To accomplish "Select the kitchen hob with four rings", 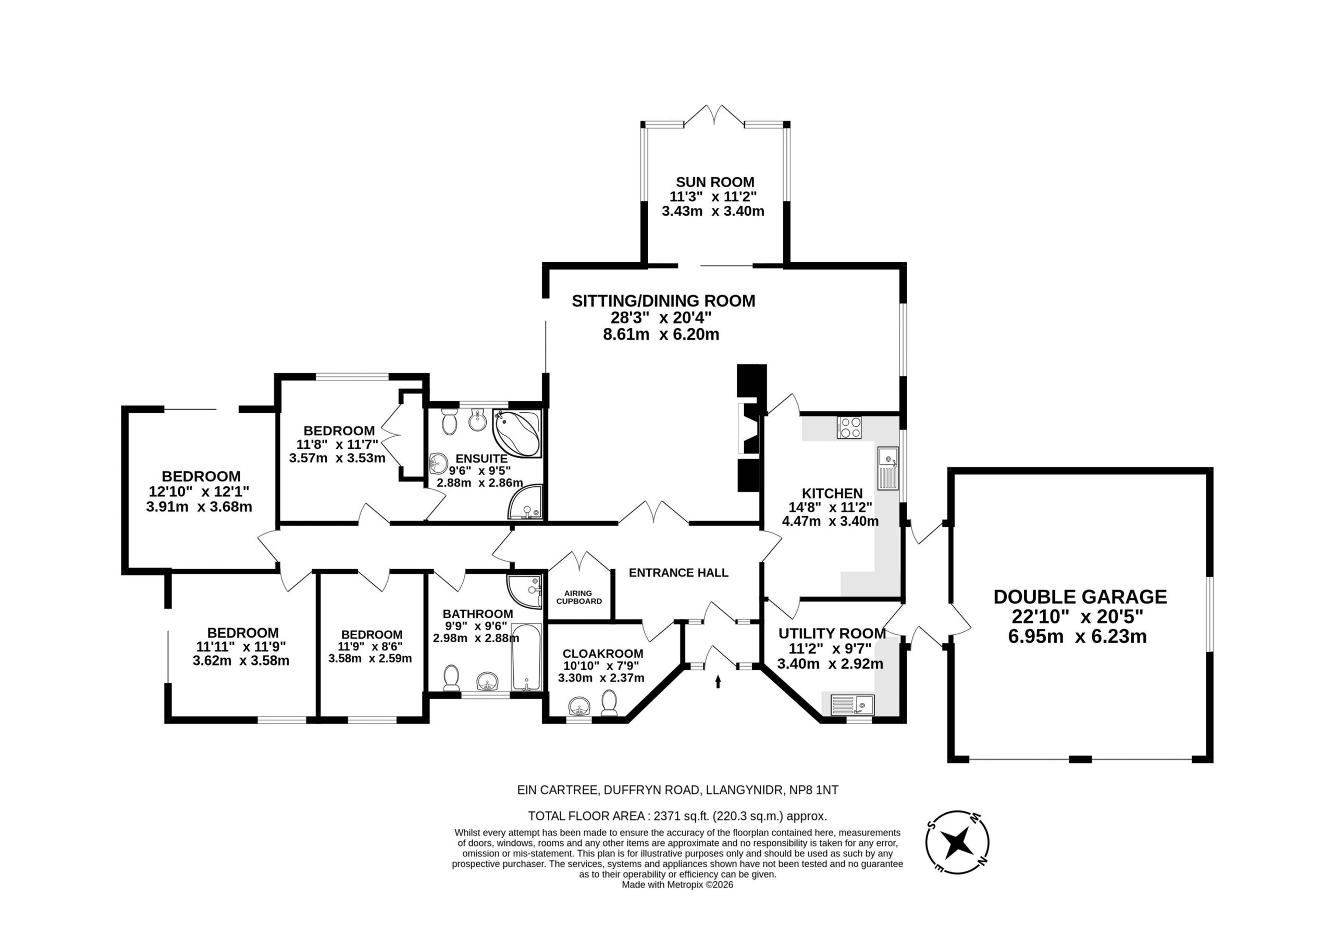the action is point(849,428).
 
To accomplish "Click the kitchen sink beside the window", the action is point(888,469).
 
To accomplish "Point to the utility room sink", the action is point(853,705).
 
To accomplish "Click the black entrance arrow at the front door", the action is point(718,682).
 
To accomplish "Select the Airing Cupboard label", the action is point(579,597).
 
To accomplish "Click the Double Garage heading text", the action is point(1080,597).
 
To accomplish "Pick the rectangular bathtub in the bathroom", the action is point(526,657).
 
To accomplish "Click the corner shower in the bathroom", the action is point(524,592).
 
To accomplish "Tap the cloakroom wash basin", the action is point(579,707).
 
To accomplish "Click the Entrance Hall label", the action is point(678,573).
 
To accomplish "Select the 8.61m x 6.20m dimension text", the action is point(661,335).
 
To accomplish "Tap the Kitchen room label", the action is point(832,494).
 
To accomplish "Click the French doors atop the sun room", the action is point(714,116).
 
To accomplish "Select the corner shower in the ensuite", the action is point(525,502).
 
